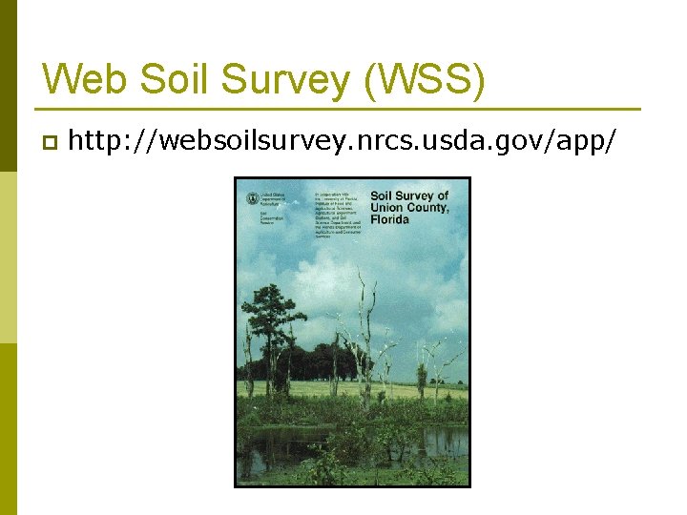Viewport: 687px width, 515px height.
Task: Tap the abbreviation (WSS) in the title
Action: [x=425, y=80]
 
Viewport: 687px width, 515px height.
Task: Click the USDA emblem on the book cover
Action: [x=252, y=199]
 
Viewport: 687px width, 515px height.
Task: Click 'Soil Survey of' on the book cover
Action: [x=408, y=197]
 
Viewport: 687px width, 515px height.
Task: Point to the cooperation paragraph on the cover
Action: [x=339, y=214]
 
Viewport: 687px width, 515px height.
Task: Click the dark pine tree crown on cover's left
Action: [x=275, y=307]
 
